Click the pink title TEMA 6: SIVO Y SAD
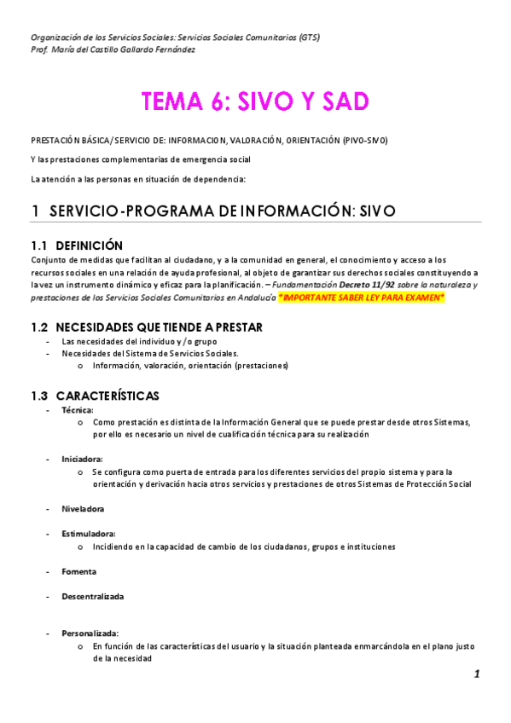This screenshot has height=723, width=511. point(255,101)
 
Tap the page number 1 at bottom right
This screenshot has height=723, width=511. point(477,674)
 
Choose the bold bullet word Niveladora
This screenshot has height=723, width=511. point(83,509)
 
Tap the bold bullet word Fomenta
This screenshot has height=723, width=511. point(78,571)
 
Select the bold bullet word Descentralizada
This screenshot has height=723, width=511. point(92,596)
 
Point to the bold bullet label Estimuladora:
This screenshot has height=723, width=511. point(88,534)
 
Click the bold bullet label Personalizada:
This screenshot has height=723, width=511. point(90,633)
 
